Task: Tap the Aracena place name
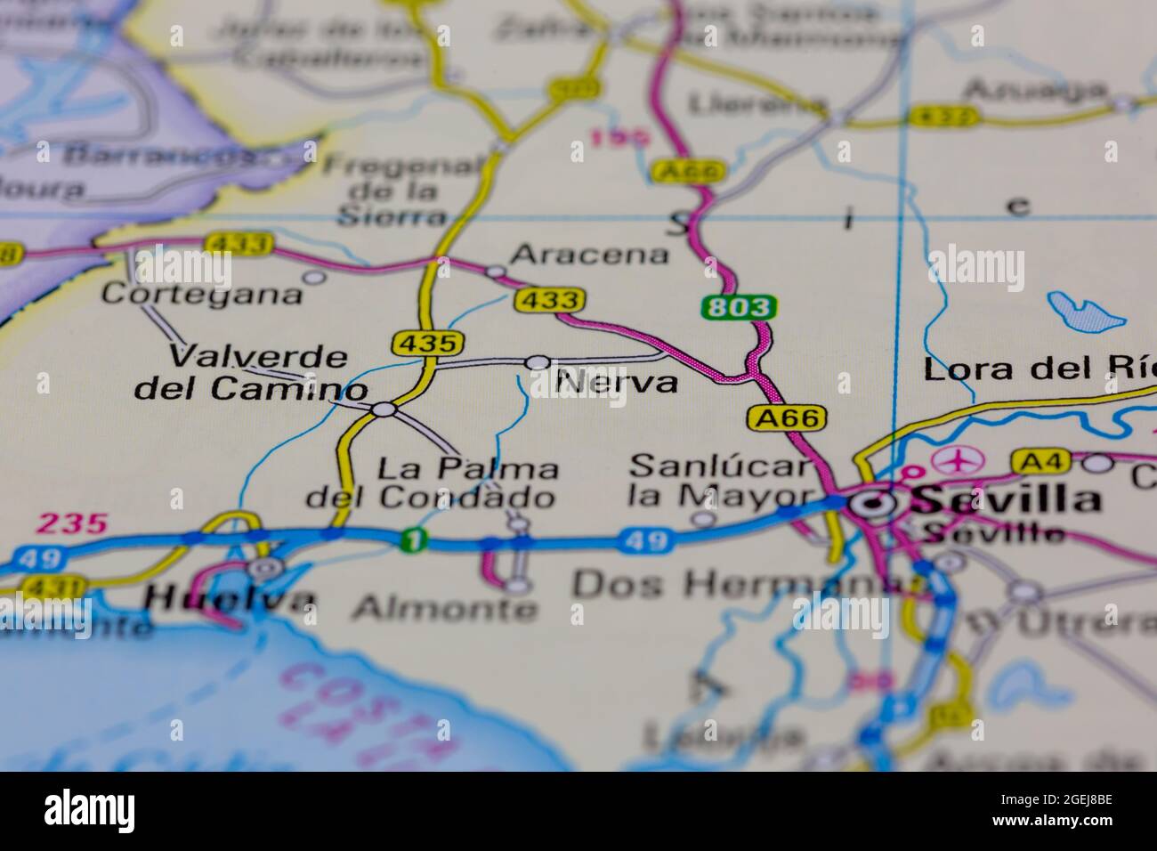click(590, 255)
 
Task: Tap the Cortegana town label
click(202, 294)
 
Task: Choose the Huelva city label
click(231, 600)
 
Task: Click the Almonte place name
click(445, 610)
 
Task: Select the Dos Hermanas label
click(748, 585)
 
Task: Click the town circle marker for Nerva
click(538, 362)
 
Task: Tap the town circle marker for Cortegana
click(314, 277)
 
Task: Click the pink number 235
click(71, 524)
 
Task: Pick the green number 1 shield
click(411, 539)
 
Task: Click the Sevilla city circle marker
click(878, 505)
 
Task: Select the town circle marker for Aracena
click(496, 271)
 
